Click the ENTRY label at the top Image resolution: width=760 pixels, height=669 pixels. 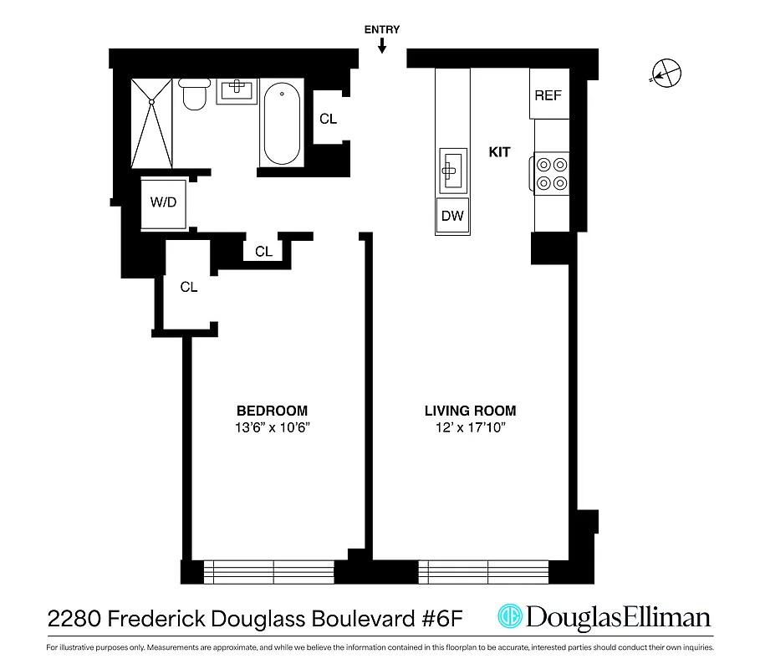pyautogui.click(x=381, y=30)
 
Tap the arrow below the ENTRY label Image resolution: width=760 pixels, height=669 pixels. pyautogui.click(x=382, y=47)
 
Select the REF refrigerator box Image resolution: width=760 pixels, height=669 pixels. pyautogui.click(x=548, y=95)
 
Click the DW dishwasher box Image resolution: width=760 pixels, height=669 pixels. pyautogui.click(x=452, y=216)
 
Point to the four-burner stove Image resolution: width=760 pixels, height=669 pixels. pyautogui.click(x=552, y=173)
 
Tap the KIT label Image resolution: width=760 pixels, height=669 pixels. pyautogui.click(x=499, y=152)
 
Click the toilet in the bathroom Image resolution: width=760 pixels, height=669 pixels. pyautogui.click(x=194, y=94)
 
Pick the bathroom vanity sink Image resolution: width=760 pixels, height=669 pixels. pyautogui.click(x=237, y=89)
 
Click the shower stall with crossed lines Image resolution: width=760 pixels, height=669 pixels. pyautogui.click(x=152, y=123)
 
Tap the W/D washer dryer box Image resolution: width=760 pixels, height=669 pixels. pyautogui.click(x=163, y=202)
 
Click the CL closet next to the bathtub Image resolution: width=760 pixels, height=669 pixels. pyautogui.click(x=329, y=119)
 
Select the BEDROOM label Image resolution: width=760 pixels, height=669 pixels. pyautogui.click(x=272, y=411)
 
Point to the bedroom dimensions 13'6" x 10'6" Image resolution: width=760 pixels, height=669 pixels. pyautogui.click(x=272, y=428)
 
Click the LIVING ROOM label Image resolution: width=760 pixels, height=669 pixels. pyautogui.click(x=470, y=411)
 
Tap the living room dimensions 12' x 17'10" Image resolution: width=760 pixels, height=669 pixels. pyautogui.click(x=470, y=428)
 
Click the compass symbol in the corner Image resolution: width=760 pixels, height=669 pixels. pyautogui.click(x=666, y=74)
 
